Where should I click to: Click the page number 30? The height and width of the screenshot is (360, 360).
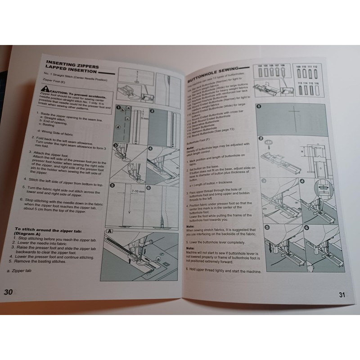click(9, 291)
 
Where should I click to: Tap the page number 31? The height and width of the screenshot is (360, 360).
click(342, 295)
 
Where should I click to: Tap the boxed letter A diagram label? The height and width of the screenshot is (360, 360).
click(109, 231)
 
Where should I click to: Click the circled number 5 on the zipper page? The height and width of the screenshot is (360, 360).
click(112, 185)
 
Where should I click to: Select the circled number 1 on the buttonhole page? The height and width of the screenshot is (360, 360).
click(260, 108)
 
